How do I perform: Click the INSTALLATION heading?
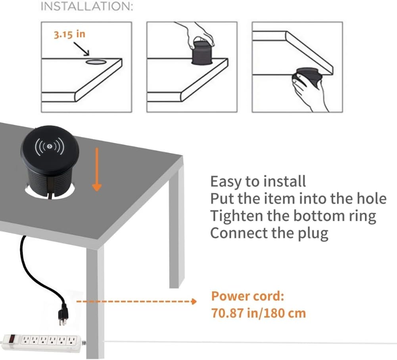tap(87, 7)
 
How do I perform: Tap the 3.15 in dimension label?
tap(69, 34)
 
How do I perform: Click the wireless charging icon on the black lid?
tap(50, 147)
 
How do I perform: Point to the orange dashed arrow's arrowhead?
tap(194, 302)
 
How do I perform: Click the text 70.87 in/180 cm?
tap(259, 313)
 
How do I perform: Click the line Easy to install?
tap(258, 182)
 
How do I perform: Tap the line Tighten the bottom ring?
tap(293, 216)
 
